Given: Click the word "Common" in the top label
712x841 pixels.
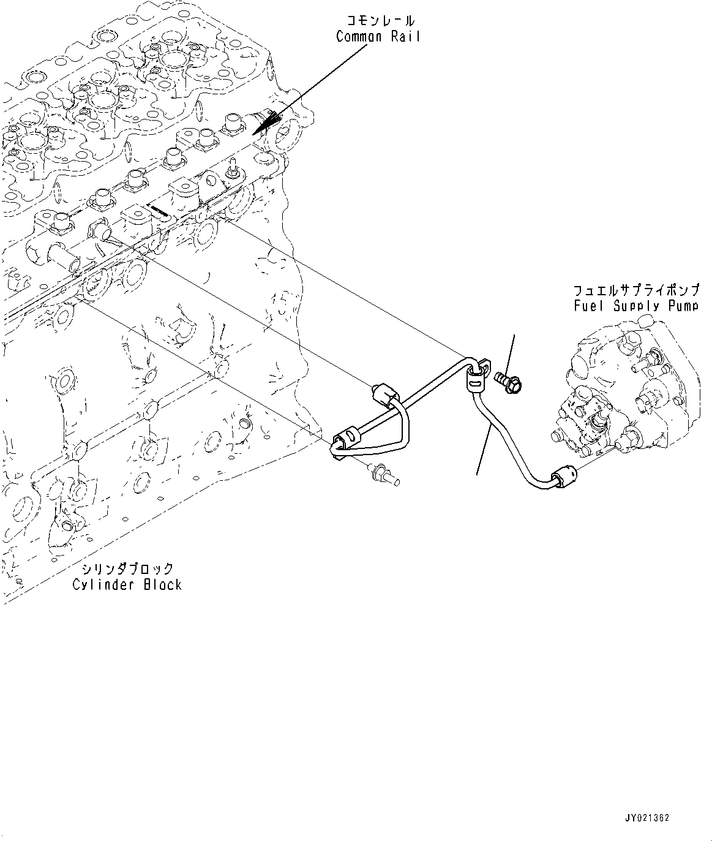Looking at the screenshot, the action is click(x=359, y=37).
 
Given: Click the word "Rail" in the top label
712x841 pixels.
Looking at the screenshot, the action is click(x=405, y=37).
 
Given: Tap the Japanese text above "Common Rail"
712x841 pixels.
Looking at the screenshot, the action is click(x=381, y=20).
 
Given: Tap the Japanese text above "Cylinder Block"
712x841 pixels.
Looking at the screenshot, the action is click(x=128, y=568).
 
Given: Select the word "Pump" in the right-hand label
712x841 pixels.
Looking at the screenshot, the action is click(x=684, y=306).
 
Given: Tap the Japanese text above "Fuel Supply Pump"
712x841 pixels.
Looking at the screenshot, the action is click(x=636, y=290).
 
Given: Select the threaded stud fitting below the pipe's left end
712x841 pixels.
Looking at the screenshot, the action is click(x=384, y=475).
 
